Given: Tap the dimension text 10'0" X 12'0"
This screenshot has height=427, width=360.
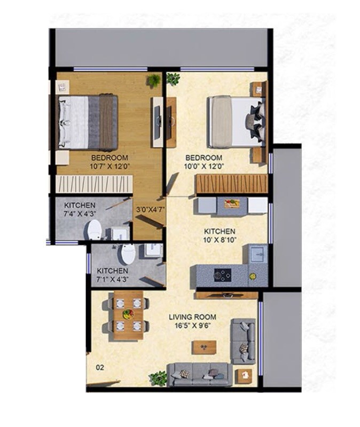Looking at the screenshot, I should pos(204,167).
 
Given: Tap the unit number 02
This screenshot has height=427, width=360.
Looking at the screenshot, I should pos(99,367).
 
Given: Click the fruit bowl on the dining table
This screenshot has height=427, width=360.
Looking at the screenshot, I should pos(128,314).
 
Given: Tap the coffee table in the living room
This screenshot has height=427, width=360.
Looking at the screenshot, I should pos(204,347).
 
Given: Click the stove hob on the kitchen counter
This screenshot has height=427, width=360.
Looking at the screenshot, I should pos(222,275).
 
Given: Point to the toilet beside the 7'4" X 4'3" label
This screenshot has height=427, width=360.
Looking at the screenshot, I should pos(95,230).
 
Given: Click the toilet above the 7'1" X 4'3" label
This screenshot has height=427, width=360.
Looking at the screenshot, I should pos(127,254).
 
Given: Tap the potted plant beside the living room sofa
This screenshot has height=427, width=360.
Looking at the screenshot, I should pos(158,378).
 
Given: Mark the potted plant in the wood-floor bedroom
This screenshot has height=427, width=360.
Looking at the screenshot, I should pos(154,81).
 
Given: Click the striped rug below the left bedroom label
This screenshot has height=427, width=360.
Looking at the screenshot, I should pos(94,183).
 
